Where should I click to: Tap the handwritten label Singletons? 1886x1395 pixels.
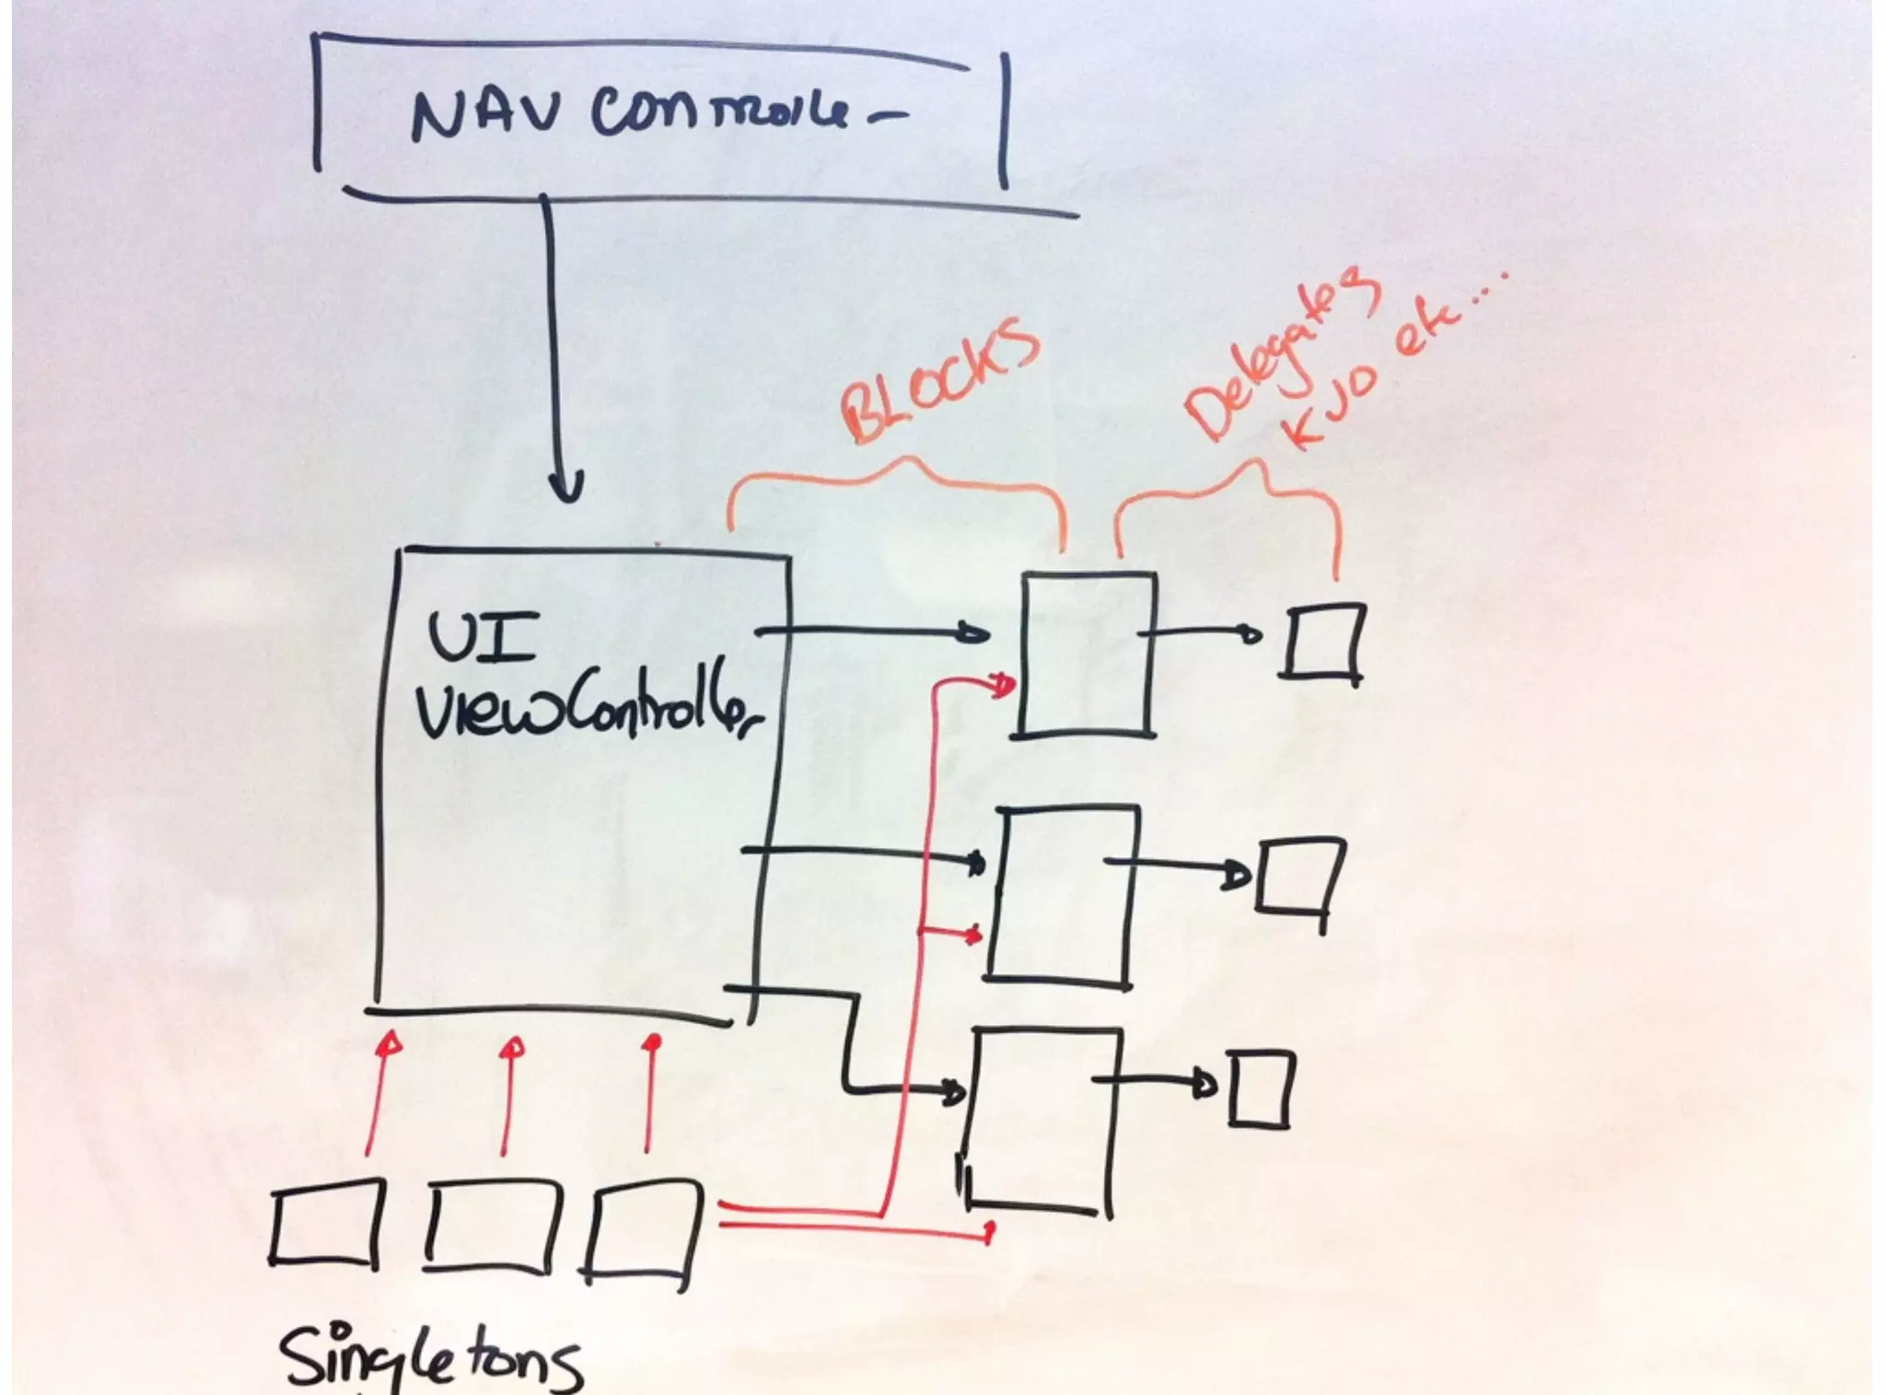431,1355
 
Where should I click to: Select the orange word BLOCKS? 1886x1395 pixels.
939,380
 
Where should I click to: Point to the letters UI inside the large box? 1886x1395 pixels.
483,639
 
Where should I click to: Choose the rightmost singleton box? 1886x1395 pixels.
643,1234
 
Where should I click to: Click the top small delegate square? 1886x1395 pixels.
1322,642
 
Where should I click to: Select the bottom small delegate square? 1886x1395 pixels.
1260,1089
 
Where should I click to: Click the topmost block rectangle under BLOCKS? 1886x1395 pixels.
1087,654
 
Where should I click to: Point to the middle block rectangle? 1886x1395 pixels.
1064,893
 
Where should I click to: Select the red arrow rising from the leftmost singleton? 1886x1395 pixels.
378,1096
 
